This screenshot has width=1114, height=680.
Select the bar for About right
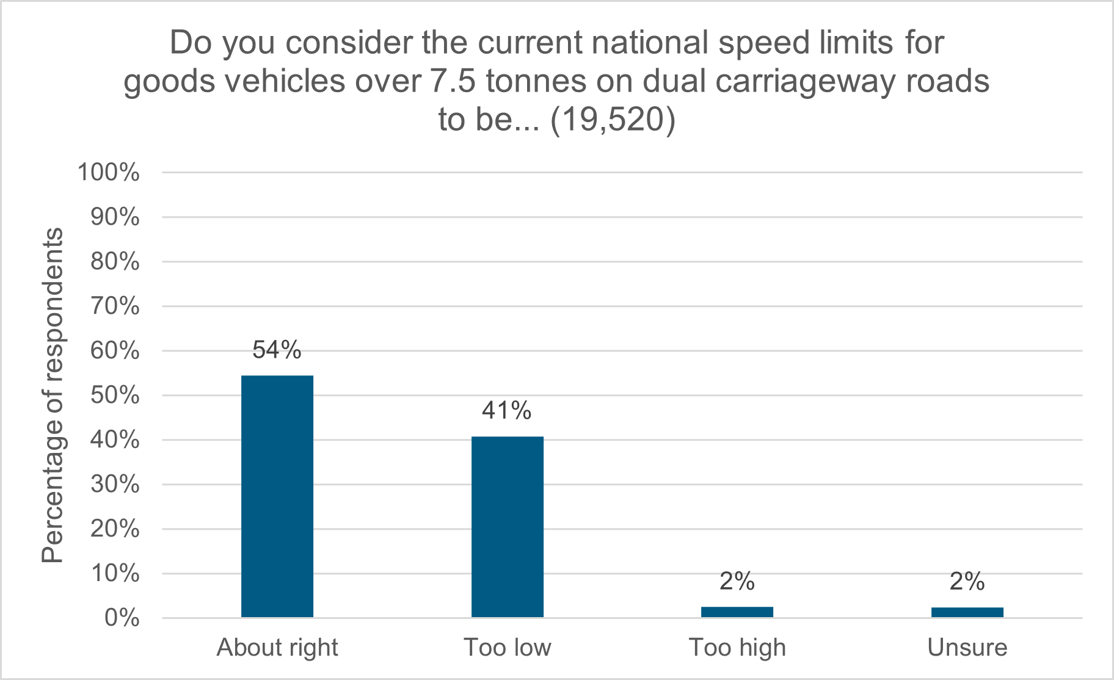[x=277, y=496]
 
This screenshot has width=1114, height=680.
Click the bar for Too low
[x=507, y=527]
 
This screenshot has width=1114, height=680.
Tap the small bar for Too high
[x=737, y=612]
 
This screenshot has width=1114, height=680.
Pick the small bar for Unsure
[x=967, y=612]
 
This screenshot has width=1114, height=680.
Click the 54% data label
[x=277, y=350]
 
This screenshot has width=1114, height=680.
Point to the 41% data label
[x=506, y=411]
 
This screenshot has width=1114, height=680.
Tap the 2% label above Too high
[x=737, y=582]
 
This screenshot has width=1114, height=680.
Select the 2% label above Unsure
[x=967, y=582]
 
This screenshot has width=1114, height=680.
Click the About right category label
[x=277, y=648]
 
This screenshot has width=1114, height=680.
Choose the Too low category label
[x=507, y=648]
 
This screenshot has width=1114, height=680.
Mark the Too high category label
[x=737, y=648]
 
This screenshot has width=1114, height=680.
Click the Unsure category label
[x=967, y=648]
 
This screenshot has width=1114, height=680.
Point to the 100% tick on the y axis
[x=108, y=173]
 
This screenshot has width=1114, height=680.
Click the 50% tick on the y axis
[x=115, y=396]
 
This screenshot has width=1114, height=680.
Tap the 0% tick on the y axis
[x=122, y=618]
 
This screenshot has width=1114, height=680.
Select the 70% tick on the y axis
[x=115, y=306]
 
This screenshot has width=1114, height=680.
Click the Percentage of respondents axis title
[x=53, y=395]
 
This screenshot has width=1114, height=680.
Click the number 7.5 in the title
[x=453, y=81]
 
